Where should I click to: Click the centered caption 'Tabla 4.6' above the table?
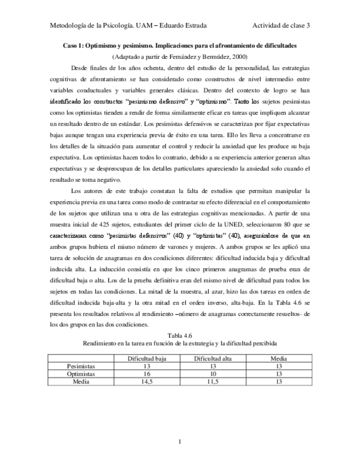180,334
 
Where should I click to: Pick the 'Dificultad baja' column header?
146,358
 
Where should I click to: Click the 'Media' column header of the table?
279,358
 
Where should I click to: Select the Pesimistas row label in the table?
80,365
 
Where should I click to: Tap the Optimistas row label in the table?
80,373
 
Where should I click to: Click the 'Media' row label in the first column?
80,381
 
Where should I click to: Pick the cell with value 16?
146,373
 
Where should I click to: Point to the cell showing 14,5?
146,381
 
